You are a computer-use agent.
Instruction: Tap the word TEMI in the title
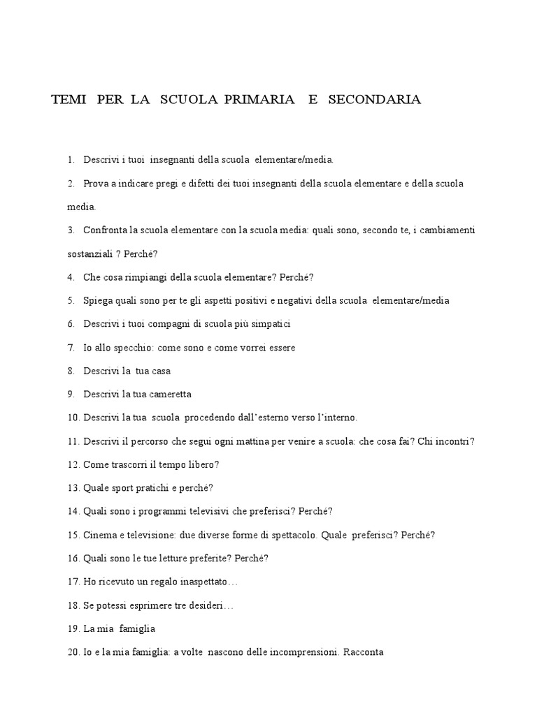coord(68,100)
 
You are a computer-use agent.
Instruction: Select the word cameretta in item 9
coord(169,395)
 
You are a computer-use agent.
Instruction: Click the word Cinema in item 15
coord(99,536)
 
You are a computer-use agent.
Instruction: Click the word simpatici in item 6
coord(269,324)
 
